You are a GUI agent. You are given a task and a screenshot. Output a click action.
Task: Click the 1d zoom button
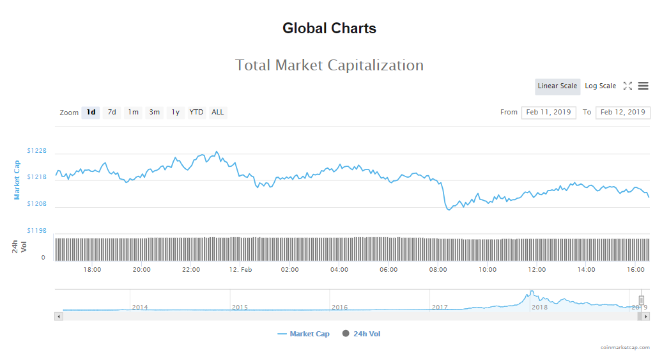point(91,113)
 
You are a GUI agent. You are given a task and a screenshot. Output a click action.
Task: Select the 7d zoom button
point(112,113)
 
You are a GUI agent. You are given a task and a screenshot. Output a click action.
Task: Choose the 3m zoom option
point(155,113)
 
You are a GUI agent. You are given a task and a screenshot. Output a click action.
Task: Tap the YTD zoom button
point(197,113)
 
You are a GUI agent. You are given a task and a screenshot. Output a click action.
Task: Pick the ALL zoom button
point(218,113)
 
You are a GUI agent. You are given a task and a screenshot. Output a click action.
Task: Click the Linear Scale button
point(557,86)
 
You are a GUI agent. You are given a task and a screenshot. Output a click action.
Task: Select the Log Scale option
point(601,86)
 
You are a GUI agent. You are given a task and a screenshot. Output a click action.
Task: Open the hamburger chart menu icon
point(643,86)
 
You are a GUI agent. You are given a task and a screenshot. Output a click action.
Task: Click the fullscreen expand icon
point(627,86)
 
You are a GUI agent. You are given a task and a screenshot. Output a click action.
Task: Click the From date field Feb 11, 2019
point(548,113)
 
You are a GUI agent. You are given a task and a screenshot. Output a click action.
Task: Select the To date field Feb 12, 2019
point(622,113)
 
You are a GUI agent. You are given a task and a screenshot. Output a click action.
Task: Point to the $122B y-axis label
point(37,151)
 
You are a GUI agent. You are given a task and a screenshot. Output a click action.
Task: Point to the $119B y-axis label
point(37,230)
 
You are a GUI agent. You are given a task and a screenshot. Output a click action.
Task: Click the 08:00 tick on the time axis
point(438,270)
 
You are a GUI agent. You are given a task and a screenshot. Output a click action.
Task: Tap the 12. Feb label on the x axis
point(241,270)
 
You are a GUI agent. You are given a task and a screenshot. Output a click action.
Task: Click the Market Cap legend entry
point(304,334)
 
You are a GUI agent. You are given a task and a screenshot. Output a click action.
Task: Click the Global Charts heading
point(329,29)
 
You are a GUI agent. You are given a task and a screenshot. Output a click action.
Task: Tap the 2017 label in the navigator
point(440,308)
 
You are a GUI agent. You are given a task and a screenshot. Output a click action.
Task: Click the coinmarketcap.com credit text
point(625,347)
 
